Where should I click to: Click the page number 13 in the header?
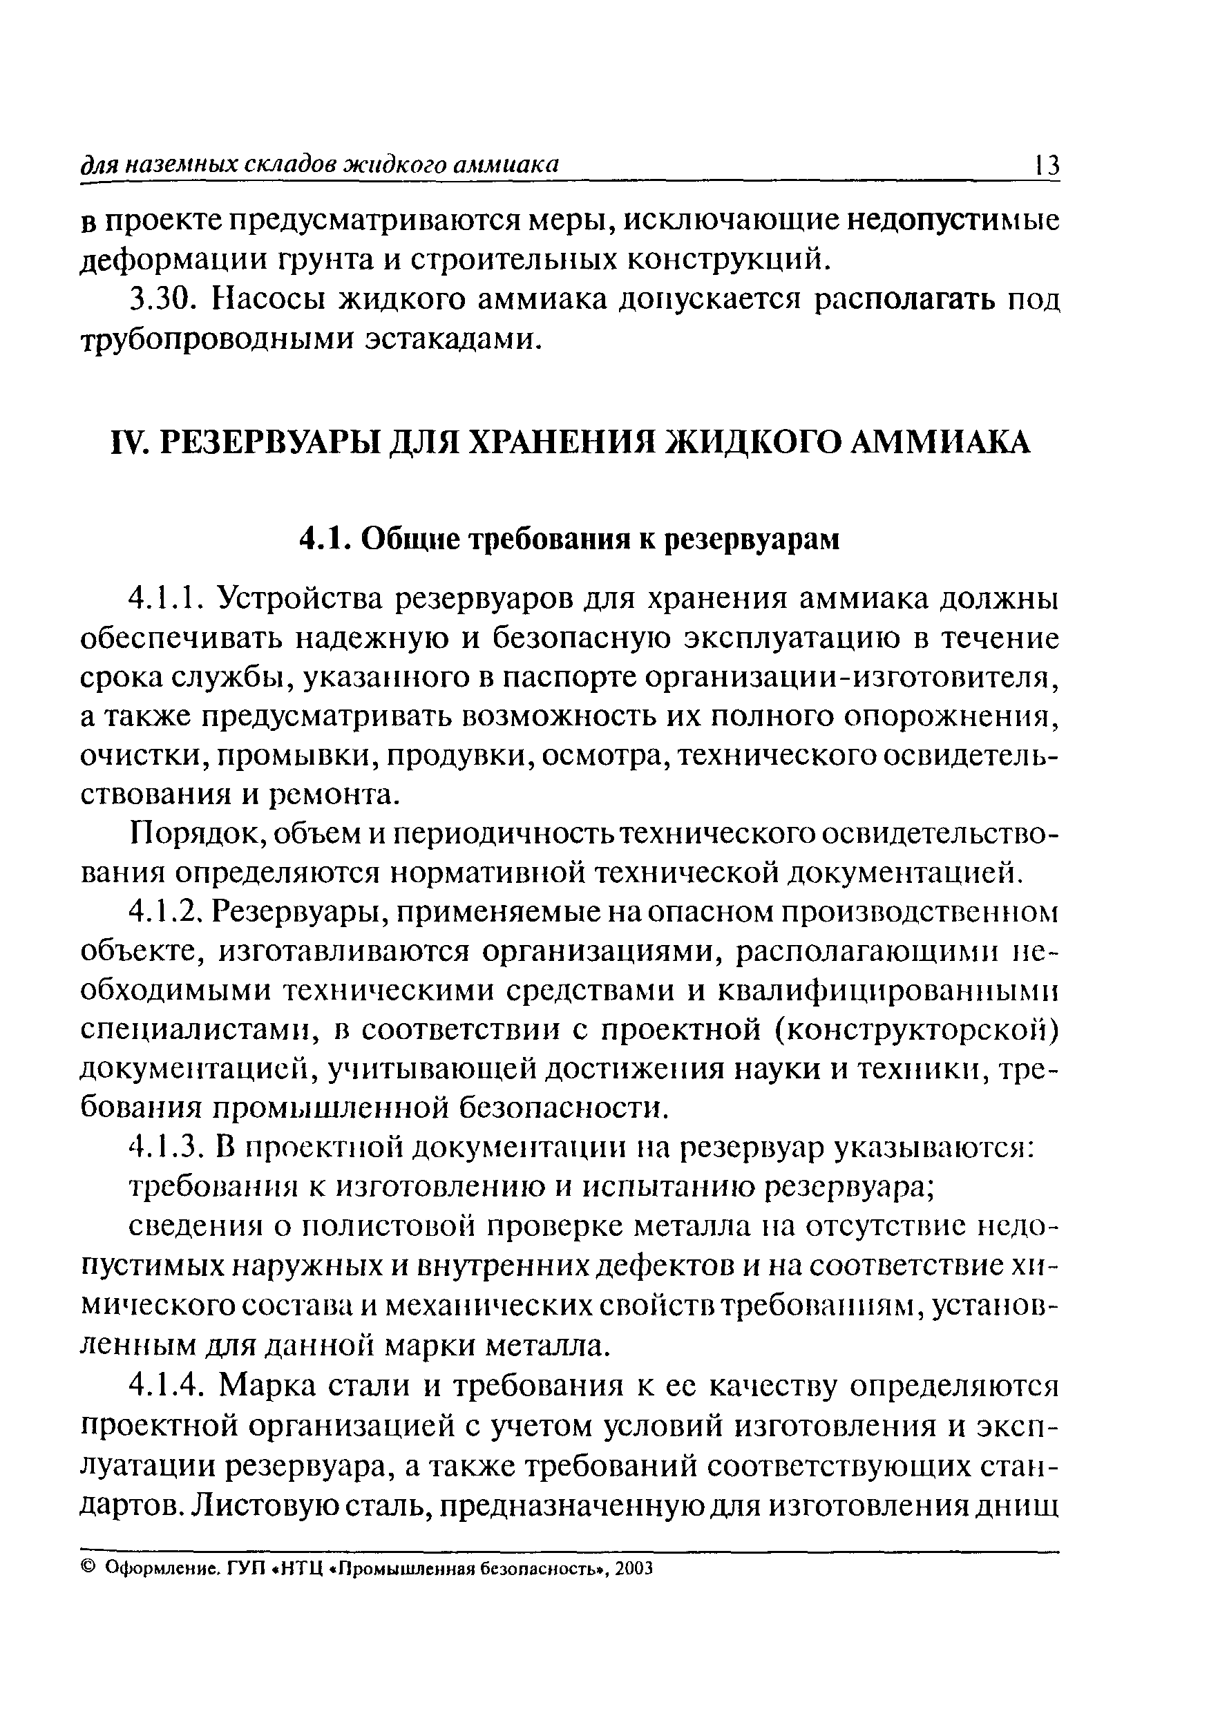(1047, 164)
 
